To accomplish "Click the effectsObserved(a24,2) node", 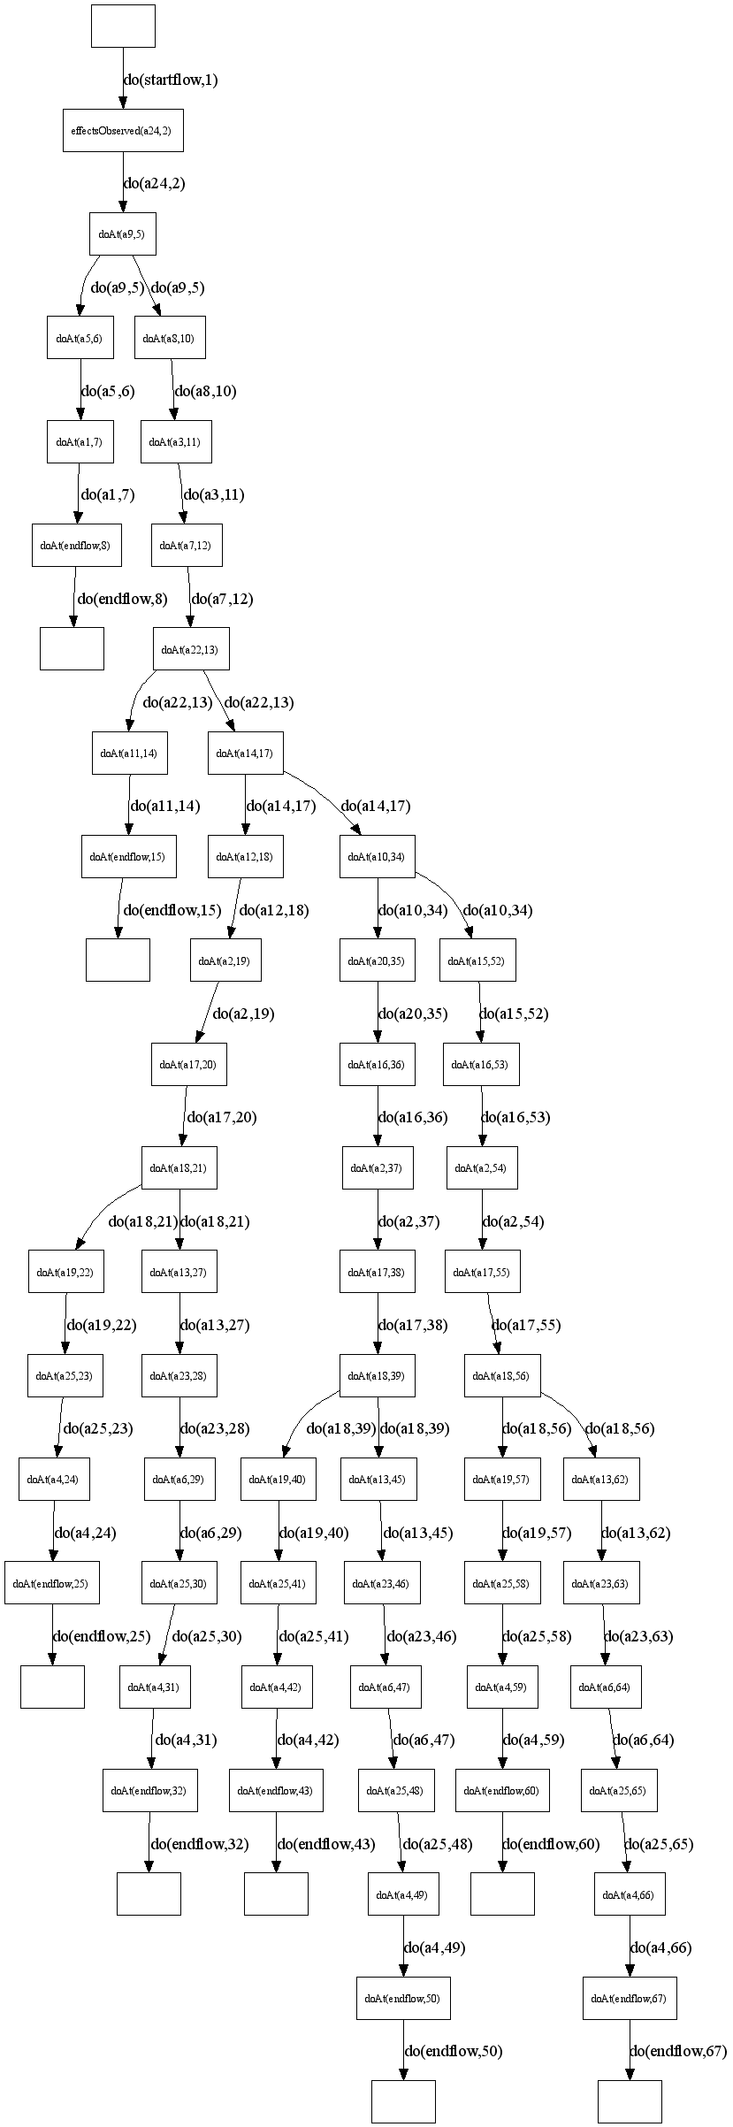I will pyautogui.click(x=123, y=130).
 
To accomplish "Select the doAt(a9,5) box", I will pyautogui.click(x=123, y=234).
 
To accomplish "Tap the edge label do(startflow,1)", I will pyautogui.click(x=171, y=80).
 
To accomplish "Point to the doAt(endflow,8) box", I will pyautogui.click(x=76, y=546).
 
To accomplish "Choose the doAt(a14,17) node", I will pyautogui.click(x=246, y=754).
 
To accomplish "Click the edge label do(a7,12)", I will pyautogui.click(x=222, y=599).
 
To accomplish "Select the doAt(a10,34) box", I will pyautogui.click(x=378, y=857).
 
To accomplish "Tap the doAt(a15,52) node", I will pyautogui.click(x=477, y=960).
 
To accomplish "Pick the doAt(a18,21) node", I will pyautogui.click(x=179, y=1168).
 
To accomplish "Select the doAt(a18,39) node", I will pyautogui.click(x=378, y=1376).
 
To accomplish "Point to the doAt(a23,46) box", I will pyautogui.click(x=383, y=1583).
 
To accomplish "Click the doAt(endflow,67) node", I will pyautogui.click(x=630, y=1998).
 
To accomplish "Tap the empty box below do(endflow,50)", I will pyautogui.click(x=403, y=2101).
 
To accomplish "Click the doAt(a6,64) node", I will pyautogui.click(x=605, y=1687).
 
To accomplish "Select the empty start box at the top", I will pyautogui.click(x=123, y=26).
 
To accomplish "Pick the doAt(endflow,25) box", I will pyautogui.click(x=52, y=1583).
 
